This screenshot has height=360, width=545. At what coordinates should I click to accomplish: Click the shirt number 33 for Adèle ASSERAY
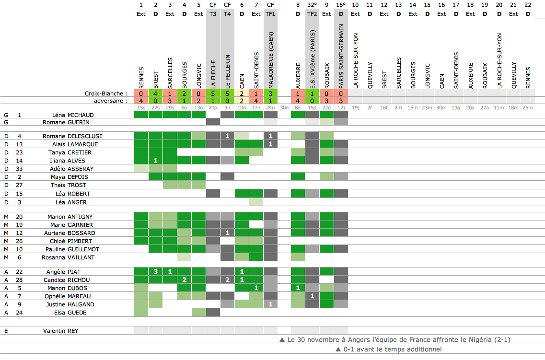(x=19, y=169)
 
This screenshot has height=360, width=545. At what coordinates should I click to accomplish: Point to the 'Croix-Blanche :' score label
(x=105, y=93)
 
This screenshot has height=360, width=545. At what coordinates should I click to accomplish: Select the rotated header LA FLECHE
(x=213, y=73)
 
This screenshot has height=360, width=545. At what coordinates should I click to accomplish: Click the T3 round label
(x=213, y=14)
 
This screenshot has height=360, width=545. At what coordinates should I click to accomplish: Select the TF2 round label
(x=312, y=14)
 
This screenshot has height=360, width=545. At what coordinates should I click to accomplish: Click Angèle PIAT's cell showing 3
(x=155, y=272)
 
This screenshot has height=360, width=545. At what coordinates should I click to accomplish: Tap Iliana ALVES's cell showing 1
(x=155, y=160)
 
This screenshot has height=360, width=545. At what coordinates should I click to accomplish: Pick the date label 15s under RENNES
(x=141, y=108)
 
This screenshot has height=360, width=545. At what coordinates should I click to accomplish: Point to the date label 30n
(x=284, y=108)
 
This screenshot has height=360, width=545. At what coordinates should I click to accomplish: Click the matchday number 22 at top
(x=528, y=5)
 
